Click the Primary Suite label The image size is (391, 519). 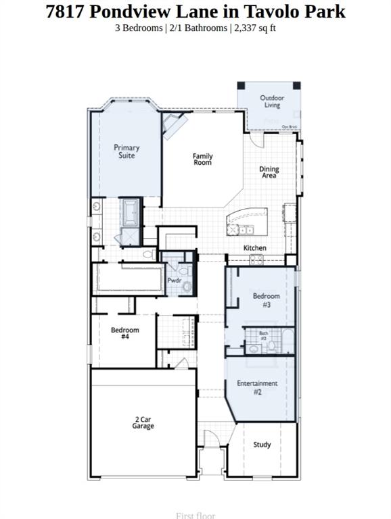(x=127, y=151)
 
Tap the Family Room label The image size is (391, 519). (x=202, y=159)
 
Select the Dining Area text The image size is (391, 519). (x=269, y=172)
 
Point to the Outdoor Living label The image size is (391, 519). (x=272, y=101)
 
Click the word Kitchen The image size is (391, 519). (x=255, y=248)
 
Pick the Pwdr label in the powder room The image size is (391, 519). (x=174, y=280)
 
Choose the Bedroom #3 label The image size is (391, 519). (x=266, y=300)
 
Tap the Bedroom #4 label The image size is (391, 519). (x=125, y=333)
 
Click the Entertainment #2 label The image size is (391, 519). (x=257, y=387)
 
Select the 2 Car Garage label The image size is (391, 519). (x=143, y=423)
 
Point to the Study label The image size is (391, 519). (x=262, y=445)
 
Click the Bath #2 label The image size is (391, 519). (x=264, y=336)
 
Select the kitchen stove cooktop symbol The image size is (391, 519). (x=257, y=259)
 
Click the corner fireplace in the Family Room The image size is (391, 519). (x=174, y=125)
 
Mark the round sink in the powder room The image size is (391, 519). (x=187, y=287)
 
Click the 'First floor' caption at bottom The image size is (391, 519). (x=195, y=515)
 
